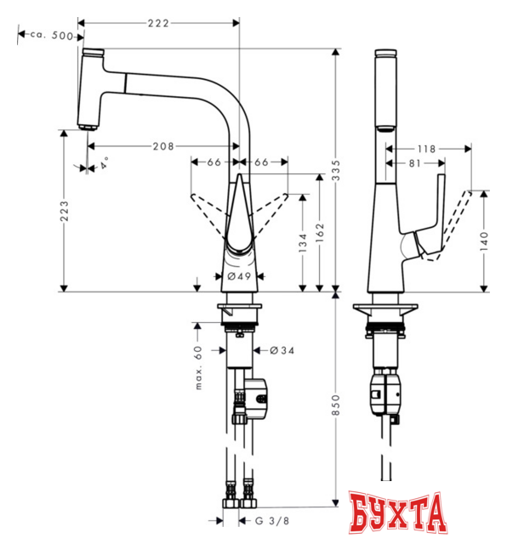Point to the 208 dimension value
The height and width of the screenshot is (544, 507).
164,146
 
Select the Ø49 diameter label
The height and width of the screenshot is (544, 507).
239,276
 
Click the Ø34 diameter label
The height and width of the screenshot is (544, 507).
282,351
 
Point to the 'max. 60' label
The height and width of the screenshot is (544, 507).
198,367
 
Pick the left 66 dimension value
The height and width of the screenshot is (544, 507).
214,161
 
